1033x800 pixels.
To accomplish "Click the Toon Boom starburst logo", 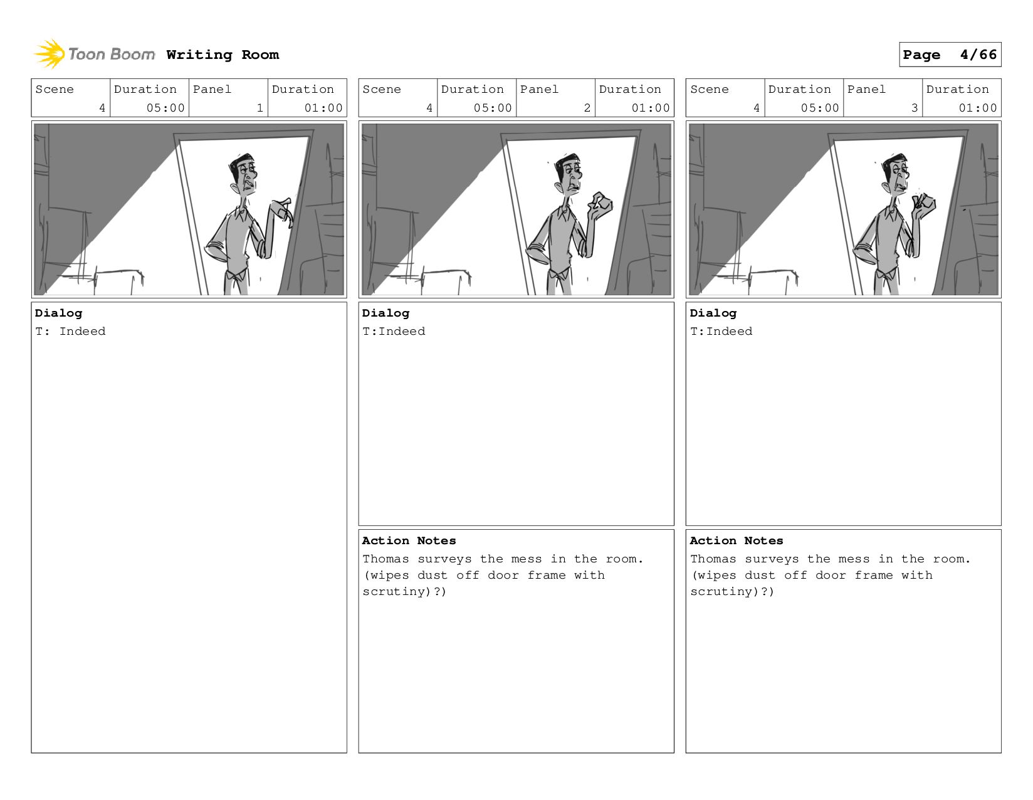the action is [x=50, y=54].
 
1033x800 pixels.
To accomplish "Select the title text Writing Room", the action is [x=223, y=55].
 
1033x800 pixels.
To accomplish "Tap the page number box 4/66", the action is [x=950, y=55].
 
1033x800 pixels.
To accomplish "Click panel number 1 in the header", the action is [x=260, y=108].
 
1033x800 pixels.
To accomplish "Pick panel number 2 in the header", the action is [x=587, y=108].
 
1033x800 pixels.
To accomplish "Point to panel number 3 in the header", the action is [x=914, y=108].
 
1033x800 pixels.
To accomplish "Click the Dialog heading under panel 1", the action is [x=58, y=313].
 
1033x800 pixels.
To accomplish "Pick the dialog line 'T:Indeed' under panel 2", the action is [x=394, y=331].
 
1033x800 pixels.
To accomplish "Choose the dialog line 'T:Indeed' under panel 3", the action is [x=721, y=331].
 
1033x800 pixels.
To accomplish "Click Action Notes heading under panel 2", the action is [x=409, y=540].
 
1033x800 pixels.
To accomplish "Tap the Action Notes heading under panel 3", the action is [x=737, y=540].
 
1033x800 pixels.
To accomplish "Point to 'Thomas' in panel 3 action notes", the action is [x=713, y=559].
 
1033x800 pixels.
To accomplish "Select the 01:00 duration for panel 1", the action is [x=323, y=108].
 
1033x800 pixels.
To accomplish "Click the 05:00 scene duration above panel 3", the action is [x=819, y=108].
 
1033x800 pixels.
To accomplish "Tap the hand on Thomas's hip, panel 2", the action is [x=534, y=251].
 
